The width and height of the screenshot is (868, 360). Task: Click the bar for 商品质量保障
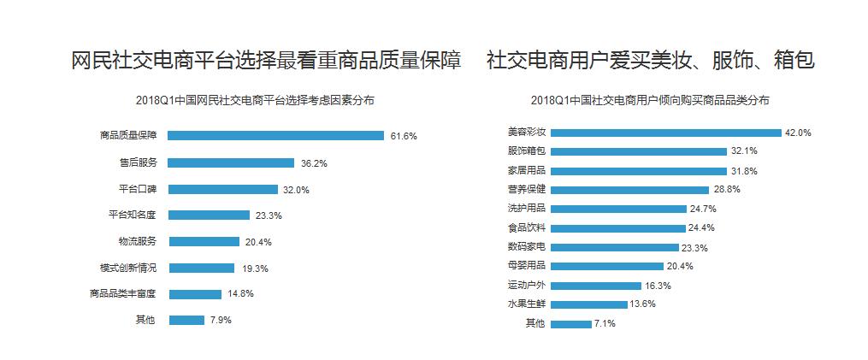click(275, 135)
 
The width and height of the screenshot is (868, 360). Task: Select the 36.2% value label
click(314, 162)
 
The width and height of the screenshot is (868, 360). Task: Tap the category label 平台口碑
click(138, 189)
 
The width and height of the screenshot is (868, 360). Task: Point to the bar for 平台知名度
click(209, 215)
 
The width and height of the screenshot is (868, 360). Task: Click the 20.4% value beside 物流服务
click(258, 242)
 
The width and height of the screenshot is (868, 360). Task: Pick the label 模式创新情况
click(128, 268)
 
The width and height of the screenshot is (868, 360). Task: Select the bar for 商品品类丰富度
click(195, 294)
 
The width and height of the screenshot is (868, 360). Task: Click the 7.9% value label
click(221, 321)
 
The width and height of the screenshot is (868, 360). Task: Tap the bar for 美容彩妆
click(666, 133)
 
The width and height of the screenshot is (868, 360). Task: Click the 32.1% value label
click(744, 151)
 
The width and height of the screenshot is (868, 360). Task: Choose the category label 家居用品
click(527, 170)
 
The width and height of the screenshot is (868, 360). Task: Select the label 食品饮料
click(527, 227)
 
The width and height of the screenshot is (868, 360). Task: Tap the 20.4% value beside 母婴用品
click(680, 266)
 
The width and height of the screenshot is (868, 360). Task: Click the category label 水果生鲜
click(527, 304)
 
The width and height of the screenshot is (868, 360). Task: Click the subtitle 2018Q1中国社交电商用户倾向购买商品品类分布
click(649, 100)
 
